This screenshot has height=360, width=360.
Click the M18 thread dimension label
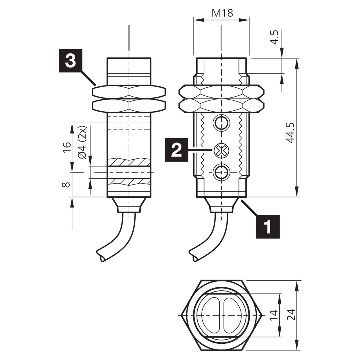click(222, 13)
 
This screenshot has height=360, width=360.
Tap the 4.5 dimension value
click(274, 37)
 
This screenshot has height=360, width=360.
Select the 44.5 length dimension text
click(290, 133)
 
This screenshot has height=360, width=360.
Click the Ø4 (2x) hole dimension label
click(82, 142)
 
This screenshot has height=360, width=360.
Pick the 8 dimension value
click(66, 185)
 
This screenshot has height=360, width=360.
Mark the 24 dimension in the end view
click(291, 315)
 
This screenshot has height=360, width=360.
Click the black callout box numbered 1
click(268, 227)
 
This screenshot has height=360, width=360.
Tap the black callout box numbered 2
click(176, 150)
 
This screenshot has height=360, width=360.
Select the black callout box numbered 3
click(70, 61)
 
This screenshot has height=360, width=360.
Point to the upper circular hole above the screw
click(222, 123)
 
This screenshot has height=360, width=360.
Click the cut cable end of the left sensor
click(102, 259)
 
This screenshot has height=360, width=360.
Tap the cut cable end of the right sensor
click(195, 259)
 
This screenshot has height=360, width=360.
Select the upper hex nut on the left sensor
click(129, 92)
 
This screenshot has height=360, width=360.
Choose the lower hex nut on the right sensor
click(221, 106)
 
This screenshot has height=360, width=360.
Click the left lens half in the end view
click(211, 315)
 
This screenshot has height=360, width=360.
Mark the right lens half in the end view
click(232, 315)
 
